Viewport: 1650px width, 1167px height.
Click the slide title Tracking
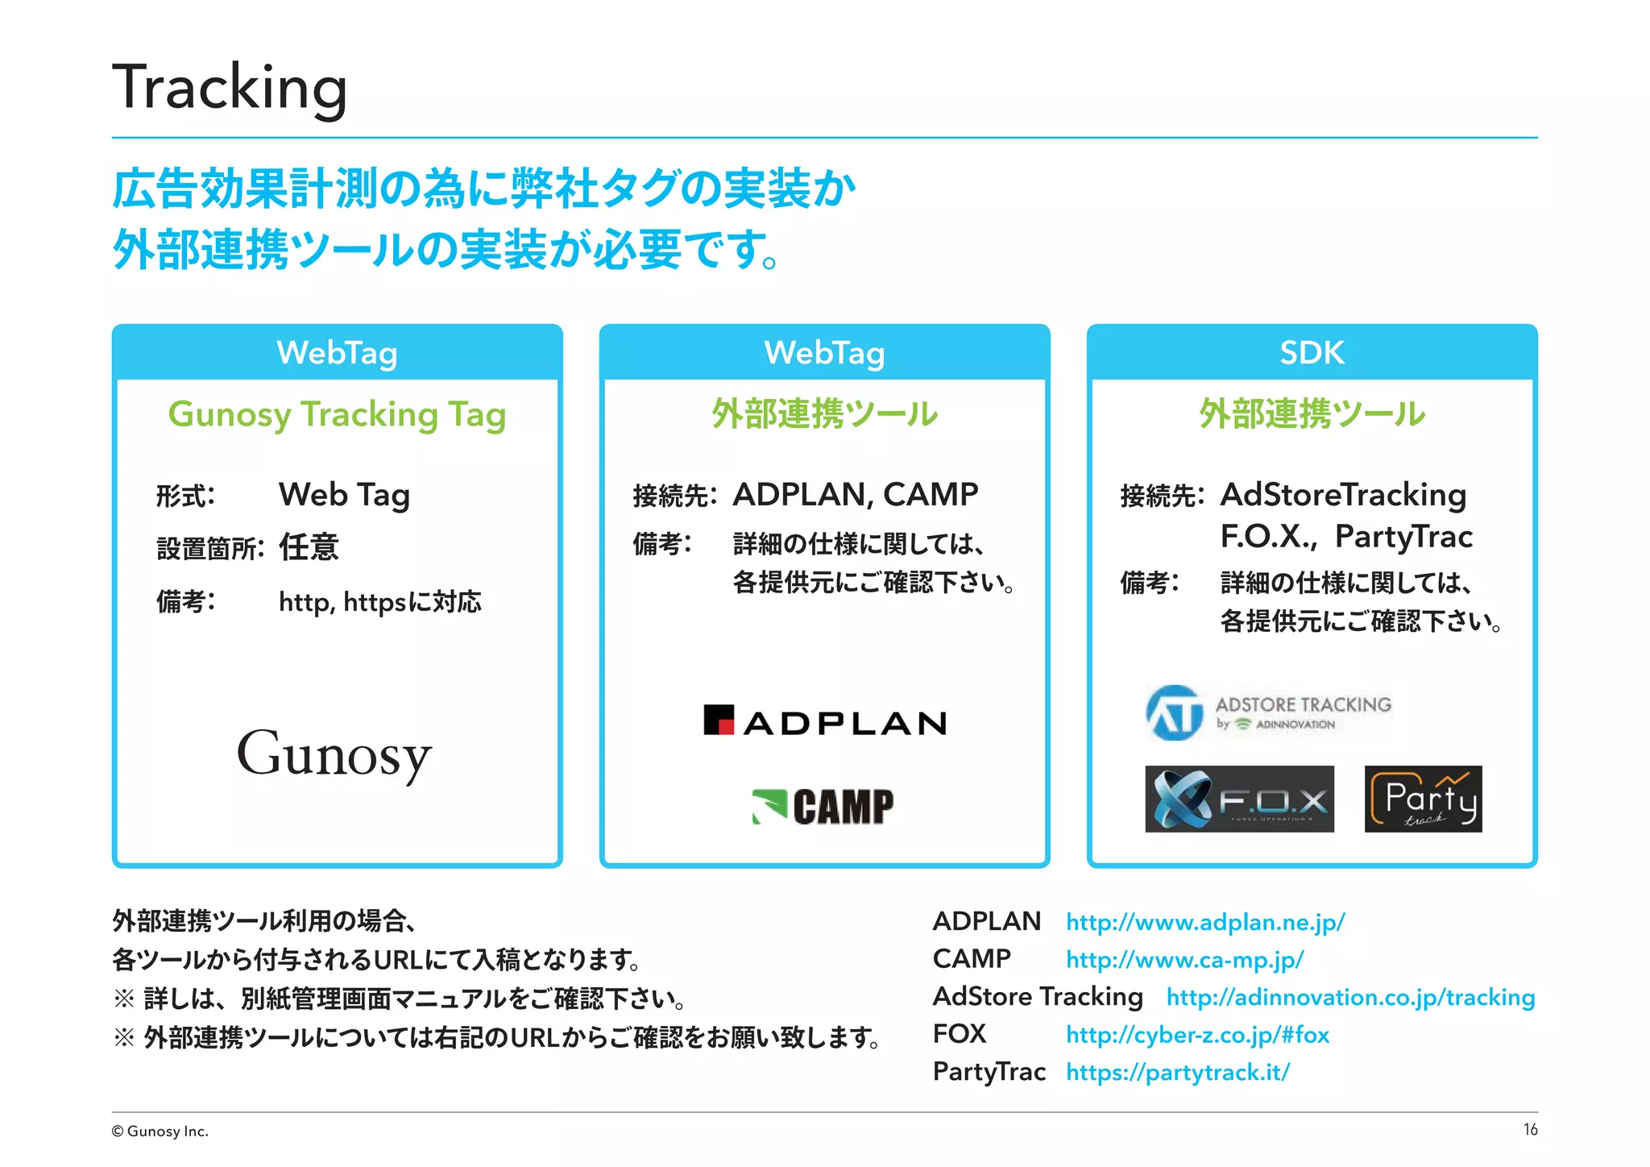tap(230, 87)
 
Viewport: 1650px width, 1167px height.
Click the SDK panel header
tap(1312, 353)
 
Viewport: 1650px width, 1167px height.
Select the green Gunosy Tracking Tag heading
tap(337, 414)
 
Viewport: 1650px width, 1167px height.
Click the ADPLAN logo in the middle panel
tap(825, 721)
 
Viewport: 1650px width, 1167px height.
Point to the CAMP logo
tap(823, 806)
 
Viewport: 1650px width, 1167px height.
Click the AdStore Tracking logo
tap(1268, 712)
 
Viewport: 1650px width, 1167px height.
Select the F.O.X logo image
tap(1239, 799)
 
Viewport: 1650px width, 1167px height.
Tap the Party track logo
tap(1423, 799)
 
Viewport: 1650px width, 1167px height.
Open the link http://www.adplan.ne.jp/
tap(1205, 922)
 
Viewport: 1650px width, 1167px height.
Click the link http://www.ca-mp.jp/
tap(1184, 959)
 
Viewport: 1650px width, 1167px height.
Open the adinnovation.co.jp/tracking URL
tap(1350, 997)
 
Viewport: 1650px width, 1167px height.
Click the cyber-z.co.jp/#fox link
tap(1197, 1035)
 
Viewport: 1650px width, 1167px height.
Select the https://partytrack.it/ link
tap(1177, 1073)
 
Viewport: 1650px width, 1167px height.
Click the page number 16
tap(1530, 1130)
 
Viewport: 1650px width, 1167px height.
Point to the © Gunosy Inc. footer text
tap(160, 1132)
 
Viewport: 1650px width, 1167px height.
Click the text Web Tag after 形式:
tap(344, 495)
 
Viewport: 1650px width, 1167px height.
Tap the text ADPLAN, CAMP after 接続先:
tap(855, 495)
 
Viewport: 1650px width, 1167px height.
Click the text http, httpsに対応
tap(379, 602)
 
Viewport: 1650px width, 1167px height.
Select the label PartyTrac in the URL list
tap(989, 1072)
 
